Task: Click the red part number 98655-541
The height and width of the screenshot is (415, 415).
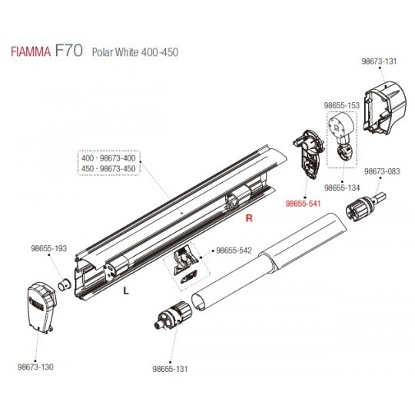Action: [x=303, y=204]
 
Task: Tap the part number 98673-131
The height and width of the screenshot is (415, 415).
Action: [x=380, y=61]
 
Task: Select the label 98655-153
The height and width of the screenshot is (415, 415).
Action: [x=342, y=105]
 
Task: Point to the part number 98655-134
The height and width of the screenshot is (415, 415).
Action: [x=342, y=188]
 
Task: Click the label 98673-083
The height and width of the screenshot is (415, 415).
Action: [x=382, y=171]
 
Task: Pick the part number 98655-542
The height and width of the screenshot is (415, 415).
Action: [x=234, y=251]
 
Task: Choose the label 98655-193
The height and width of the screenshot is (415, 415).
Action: [x=49, y=248]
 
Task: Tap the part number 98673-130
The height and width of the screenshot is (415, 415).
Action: [x=35, y=367]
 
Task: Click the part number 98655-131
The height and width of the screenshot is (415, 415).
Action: [x=170, y=369]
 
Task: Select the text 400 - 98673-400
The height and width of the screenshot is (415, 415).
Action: [x=108, y=158]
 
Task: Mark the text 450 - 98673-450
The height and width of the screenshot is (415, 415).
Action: [x=108, y=168]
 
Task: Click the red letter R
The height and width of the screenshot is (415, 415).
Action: [x=249, y=218]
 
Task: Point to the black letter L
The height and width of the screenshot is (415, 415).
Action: [x=126, y=290]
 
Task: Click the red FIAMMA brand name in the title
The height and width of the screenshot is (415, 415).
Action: [x=31, y=51]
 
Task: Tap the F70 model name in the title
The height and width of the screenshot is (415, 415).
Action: [x=69, y=50]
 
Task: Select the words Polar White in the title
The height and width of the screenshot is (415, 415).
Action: [x=115, y=52]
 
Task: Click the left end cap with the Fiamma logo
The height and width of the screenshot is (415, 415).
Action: [x=41, y=307]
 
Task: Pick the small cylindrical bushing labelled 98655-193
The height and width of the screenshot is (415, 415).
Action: [x=65, y=285]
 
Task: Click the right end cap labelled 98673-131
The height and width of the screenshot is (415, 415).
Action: [x=385, y=108]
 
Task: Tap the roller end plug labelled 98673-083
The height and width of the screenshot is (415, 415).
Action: [x=365, y=207]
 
